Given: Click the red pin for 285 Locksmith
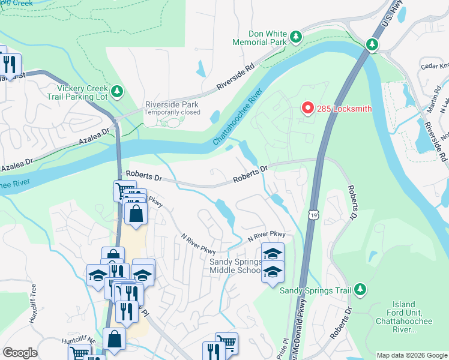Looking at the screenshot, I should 307,108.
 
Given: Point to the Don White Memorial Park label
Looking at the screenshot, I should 261,38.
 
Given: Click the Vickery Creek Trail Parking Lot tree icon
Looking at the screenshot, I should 118,91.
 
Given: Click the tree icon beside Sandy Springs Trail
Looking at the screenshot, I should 360,290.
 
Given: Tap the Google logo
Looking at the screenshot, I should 20,353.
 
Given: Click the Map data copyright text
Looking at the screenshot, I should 412,355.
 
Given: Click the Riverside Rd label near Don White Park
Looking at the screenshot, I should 235,77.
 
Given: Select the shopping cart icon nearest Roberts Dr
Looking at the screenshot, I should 124,191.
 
